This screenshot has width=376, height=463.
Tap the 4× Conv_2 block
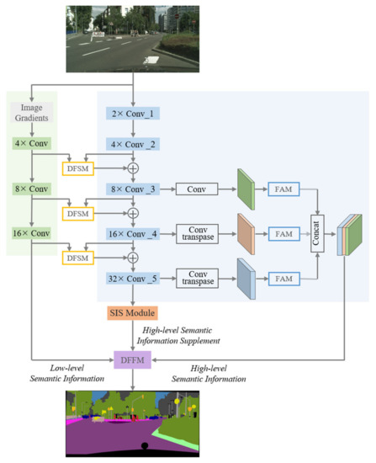tap(134, 144)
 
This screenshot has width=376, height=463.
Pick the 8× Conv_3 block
tap(134, 189)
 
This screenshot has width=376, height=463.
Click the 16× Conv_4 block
tap(134, 233)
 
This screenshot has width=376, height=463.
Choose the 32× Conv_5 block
tap(134, 278)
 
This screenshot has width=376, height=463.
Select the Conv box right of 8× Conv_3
tap(198, 189)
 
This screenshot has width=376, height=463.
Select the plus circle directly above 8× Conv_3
tap(134, 167)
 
